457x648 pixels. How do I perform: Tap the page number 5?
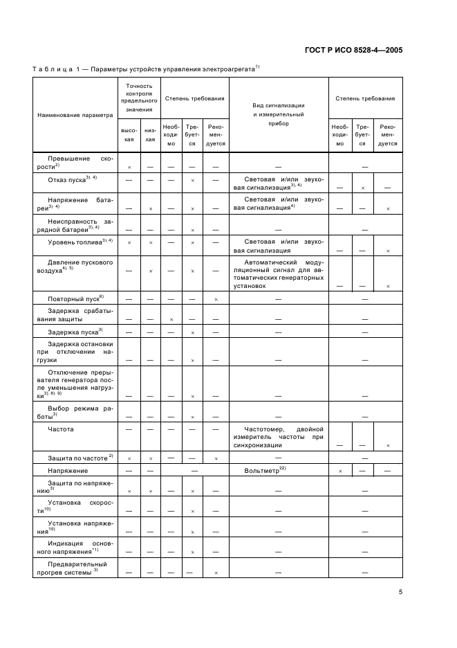[x=400, y=593]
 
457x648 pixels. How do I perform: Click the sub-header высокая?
[x=129, y=134]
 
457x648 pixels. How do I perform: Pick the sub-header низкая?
[x=149, y=134]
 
